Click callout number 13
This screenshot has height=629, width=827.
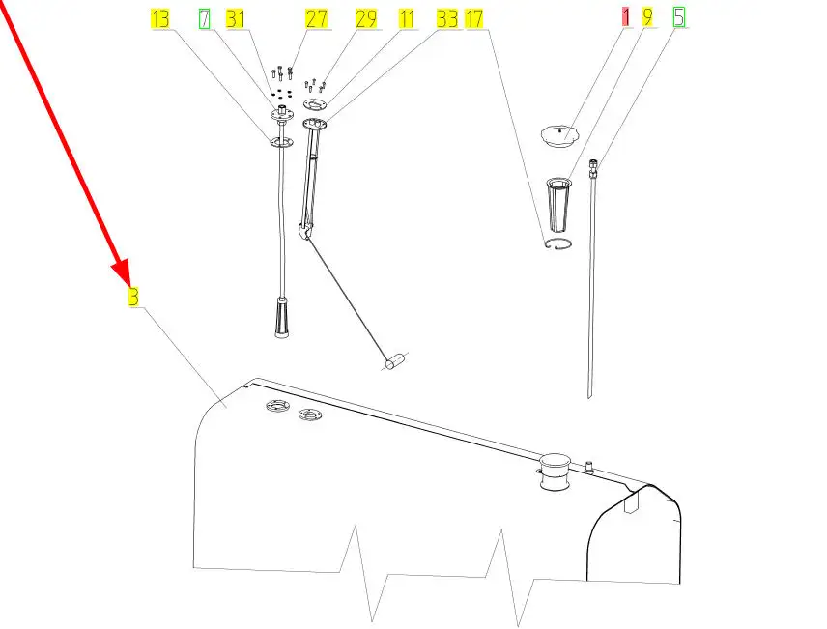159,19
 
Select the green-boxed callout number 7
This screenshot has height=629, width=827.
204,19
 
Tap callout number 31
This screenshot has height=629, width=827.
235,19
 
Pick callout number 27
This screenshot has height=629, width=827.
317,19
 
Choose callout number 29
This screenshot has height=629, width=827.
366,19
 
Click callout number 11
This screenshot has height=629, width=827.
406,19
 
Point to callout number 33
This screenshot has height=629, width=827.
447,19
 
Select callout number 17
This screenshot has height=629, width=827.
473,19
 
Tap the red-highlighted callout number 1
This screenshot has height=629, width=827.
625,16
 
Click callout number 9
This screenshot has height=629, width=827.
647,16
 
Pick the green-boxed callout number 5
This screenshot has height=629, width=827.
679,16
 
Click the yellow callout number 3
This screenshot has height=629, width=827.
134,296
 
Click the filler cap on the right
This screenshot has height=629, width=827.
559,135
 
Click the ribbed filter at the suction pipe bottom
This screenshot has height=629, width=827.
282,318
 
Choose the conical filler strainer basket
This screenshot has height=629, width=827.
558,205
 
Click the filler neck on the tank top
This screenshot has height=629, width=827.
555,471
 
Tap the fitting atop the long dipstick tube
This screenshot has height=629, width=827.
593,169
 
